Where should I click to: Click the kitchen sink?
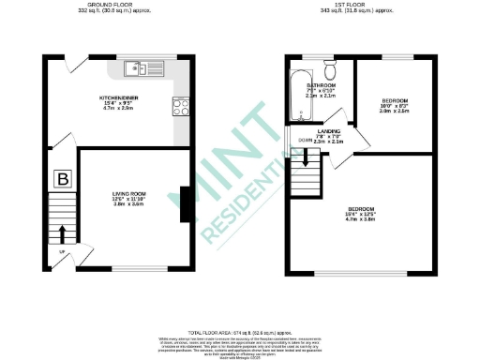pos(143,67)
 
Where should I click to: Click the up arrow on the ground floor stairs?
pos(63,232)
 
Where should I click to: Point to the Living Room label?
pos(127,194)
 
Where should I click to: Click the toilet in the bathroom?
pos(330,69)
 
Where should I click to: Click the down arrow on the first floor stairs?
pos(304,165)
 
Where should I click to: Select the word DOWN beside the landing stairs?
pos(305,140)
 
